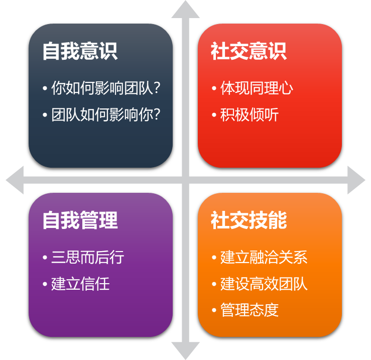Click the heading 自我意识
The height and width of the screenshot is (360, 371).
pos(80,51)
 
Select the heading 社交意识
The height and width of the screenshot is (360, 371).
pos(249,51)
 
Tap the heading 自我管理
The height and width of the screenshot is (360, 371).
pos(80,220)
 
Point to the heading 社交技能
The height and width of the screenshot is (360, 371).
pos(249,220)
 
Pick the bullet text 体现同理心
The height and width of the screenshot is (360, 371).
pos(257,88)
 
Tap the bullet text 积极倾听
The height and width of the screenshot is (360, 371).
pos(250,115)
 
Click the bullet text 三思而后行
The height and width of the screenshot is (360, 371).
pos(87,258)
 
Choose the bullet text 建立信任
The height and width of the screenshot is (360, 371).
pos(80,284)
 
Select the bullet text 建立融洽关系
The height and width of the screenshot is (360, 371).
pos(264,258)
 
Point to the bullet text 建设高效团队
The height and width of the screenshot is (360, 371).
pos(264,284)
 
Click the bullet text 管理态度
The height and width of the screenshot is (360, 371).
pos(250,310)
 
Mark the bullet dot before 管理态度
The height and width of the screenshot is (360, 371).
pos(214,310)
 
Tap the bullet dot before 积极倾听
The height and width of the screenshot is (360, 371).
pos(214,115)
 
